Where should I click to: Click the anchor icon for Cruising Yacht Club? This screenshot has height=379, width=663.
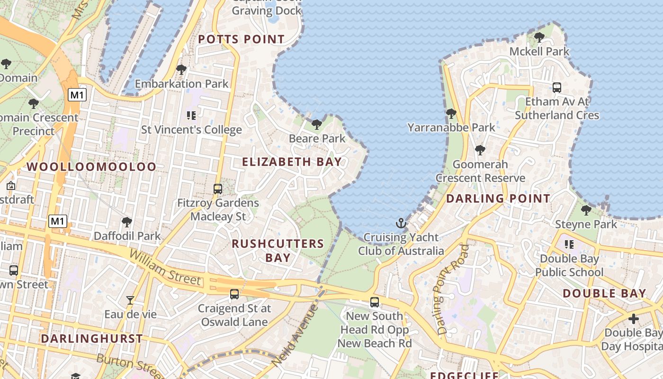(x=401, y=223)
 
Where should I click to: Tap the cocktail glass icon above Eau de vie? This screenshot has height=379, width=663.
(x=130, y=300)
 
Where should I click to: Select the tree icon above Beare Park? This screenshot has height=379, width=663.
(x=317, y=125)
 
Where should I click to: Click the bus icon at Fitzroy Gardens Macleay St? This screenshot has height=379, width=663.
(x=218, y=189)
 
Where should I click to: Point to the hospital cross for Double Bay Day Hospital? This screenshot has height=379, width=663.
(x=633, y=319)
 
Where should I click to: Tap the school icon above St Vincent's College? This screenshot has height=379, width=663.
(x=191, y=115)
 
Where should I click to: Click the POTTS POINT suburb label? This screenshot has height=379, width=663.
(x=242, y=39)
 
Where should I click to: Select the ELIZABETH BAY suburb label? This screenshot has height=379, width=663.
(x=292, y=162)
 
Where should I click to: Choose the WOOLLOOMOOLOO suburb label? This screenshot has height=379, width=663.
(x=91, y=167)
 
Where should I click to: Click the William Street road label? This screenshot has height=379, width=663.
(x=165, y=268)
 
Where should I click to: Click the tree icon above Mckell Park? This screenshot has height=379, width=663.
(x=539, y=37)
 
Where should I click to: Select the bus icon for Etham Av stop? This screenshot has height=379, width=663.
(x=557, y=88)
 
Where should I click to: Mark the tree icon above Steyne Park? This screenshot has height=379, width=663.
(x=586, y=210)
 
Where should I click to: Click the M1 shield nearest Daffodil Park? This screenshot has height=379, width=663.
(x=58, y=221)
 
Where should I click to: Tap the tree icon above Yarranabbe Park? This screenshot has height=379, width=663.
(x=451, y=114)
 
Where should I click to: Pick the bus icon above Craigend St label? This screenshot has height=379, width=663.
(x=234, y=294)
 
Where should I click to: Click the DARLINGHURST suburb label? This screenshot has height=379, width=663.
(x=91, y=339)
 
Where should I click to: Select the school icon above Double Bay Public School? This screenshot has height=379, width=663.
(x=569, y=244)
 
